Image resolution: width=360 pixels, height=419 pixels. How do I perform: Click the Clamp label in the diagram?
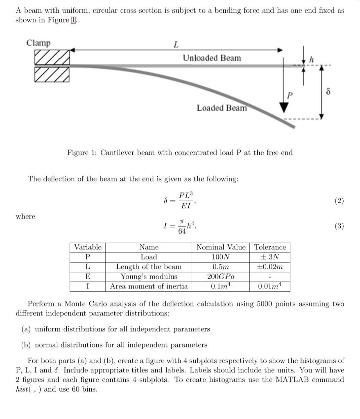(x=38, y=43)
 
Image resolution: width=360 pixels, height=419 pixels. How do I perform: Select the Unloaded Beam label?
(x=212, y=58)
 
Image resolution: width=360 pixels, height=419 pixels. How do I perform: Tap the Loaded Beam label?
(x=222, y=108)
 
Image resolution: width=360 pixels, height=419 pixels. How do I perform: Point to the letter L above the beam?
(x=176, y=44)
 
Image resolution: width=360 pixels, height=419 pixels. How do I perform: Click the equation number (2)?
(x=339, y=200)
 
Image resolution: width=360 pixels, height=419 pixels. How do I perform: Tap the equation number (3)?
(x=339, y=226)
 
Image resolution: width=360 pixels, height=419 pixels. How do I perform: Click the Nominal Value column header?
(x=221, y=247)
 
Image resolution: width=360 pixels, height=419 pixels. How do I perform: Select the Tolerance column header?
(x=270, y=247)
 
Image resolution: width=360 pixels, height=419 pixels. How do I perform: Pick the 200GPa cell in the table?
(x=221, y=277)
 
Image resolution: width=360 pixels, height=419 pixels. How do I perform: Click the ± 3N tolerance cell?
(x=270, y=257)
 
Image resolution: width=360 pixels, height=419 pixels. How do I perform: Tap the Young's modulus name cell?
(x=149, y=277)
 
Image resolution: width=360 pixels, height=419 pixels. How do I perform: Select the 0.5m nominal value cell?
(x=221, y=267)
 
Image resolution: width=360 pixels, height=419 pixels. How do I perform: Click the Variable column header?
(x=87, y=247)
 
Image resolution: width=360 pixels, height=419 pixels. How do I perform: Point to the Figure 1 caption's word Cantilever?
(x=119, y=153)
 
